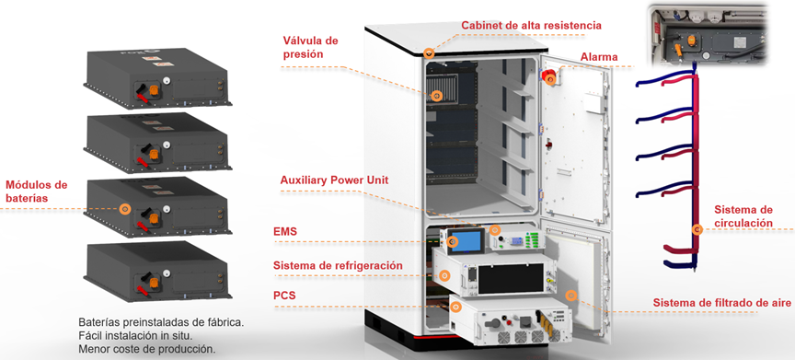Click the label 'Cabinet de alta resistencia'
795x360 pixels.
coord(531,25)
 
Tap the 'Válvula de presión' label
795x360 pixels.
coord(312,47)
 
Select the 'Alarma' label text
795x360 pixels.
coord(598,57)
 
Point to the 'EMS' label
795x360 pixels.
coord(285,232)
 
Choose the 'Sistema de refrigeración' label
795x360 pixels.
coord(338,266)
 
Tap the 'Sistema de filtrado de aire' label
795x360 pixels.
coord(722,303)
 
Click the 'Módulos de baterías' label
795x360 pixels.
coord(37,191)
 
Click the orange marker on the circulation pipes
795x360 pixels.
coord(697,229)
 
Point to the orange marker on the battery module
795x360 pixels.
coord(125,210)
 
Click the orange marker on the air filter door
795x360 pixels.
coord(571,296)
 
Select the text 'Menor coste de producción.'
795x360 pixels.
coord(147,349)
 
